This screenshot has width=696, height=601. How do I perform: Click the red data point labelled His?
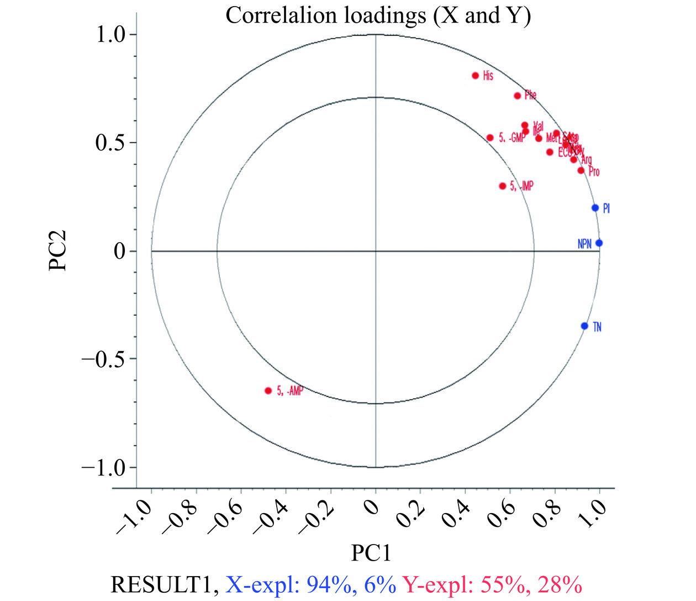click(x=475, y=76)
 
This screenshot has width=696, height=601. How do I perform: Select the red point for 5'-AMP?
click(x=268, y=390)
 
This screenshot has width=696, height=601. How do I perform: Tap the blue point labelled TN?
click(x=584, y=326)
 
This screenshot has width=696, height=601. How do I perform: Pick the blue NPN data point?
click(x=599, y=243)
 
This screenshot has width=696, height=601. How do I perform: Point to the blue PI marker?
click(x=595, y=208)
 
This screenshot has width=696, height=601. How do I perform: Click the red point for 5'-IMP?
click(x=503, y=186)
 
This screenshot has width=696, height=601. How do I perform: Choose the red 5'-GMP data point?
click(x=490, y=138)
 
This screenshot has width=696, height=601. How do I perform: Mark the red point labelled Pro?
click(x=581, y=170)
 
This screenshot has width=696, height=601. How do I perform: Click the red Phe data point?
click(x=518, y=96)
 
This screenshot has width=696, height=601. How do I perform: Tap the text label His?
click(x=488, y=76)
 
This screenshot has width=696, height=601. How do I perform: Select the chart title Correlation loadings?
click(x=378, y=15)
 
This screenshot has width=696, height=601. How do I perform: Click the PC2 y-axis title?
click(x=57, y=250)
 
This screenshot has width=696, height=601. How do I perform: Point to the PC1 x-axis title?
click(x=371, y=553)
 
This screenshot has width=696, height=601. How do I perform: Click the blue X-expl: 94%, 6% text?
click(x=312, y=584)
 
